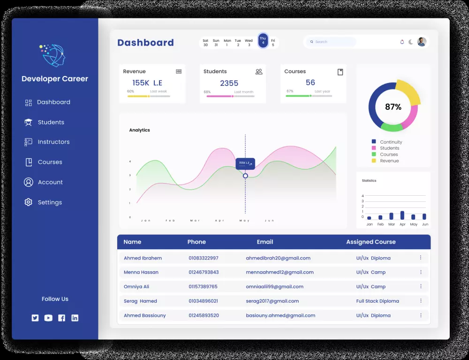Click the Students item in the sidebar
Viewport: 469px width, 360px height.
click(x=51, y=122)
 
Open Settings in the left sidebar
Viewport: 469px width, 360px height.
click(x=49, y=202)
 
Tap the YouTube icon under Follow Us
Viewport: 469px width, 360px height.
click(x=48, y=318)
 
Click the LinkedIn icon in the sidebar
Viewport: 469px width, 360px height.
click(x=75, y=318)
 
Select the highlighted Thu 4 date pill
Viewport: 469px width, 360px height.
click(x=263, y=41)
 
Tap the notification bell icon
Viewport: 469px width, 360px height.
click(x=402, y=42)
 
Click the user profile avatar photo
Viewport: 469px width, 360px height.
click(x=422, y=42)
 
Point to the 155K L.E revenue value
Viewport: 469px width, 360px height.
click(x=147, y=83)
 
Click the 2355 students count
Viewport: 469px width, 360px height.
click(x=229, y=83)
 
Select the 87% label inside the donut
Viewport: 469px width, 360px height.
click(x=393, y=107)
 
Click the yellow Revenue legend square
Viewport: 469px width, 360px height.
click(x=374, y=161)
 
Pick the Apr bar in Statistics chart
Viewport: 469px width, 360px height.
click(x=402, y=215)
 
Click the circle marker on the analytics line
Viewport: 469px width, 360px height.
click(x=245, y=176)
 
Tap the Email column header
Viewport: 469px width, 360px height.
click(x=265, y=242)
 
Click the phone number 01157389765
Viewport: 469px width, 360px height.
click(x=203, y=286)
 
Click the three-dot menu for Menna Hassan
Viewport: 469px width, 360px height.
click(x=420, y=272)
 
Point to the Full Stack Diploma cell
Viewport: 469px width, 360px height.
click(x=378, y=301)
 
